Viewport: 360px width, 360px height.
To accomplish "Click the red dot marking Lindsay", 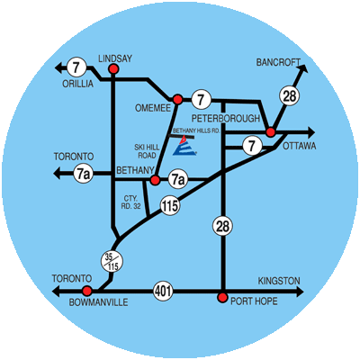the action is (x=113, y=69).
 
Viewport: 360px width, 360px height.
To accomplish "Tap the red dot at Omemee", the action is (x=177, y=99).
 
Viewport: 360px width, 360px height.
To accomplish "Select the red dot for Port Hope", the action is (x=222, y=298).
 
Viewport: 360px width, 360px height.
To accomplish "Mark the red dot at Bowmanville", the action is (x=87, y=291).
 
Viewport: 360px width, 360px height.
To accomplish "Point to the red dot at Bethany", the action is (x=155, y=180).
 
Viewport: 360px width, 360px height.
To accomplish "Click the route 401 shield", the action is (x=164, y=291).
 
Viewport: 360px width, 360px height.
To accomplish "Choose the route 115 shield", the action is (x=170, y=206).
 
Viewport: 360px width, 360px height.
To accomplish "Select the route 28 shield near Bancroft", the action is (x=290, y=96).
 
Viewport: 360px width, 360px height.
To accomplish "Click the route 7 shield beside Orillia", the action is (x=76, y=67).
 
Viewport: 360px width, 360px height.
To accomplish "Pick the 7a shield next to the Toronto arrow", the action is (x=83, y=175).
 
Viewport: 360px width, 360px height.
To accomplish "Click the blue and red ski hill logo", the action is (x=184, y=146).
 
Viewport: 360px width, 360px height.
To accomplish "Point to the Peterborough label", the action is (x=226, y=119).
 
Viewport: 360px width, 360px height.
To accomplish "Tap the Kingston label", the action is (x=279, y=281).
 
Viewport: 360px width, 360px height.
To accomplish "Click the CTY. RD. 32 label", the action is (x=130, y=202).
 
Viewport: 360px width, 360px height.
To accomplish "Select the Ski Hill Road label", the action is (x=147, y=151).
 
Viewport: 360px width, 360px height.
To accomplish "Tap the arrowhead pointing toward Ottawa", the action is (x=310, y=132).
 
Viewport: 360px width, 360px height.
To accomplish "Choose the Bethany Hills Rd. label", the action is (x=197, y=130).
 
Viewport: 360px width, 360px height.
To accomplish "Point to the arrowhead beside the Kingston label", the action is (x=300, y=292).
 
